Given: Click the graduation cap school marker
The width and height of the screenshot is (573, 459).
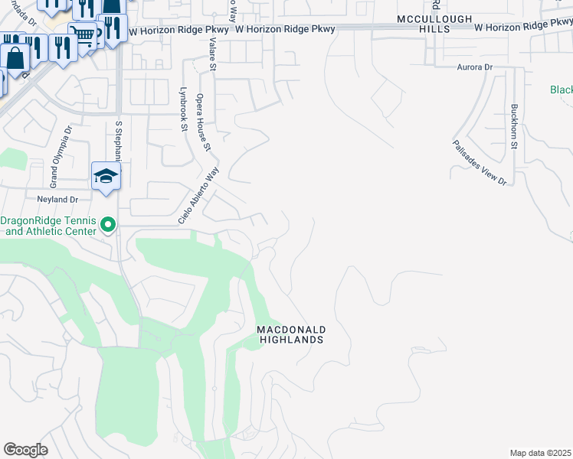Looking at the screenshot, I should click(x=106, y=176).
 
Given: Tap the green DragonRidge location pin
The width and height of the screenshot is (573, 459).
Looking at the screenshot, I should click(x=108, y=225).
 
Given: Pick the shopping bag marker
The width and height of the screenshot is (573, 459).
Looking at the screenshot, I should click(x=15, y=56).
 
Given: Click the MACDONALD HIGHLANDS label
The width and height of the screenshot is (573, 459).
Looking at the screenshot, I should click(x=291, y=334).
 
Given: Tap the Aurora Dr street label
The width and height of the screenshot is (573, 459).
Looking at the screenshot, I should click(x=474, y=67).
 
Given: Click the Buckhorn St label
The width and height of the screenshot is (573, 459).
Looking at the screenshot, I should click(x=515, y=126).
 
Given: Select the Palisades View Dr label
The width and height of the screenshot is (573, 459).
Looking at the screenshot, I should click(x=480, y=162).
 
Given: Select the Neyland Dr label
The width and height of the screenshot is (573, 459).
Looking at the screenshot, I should click(x=57, y=199).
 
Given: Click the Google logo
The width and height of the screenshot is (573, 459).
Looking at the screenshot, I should click(x=25, y=450).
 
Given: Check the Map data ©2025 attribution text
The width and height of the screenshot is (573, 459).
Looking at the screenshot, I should click(x=540, y=453).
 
